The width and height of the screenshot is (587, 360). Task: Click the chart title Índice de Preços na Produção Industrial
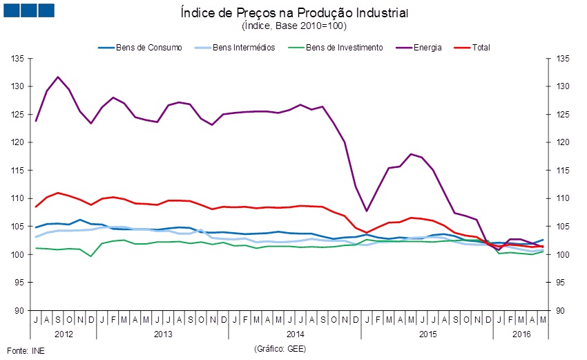click(294, 13)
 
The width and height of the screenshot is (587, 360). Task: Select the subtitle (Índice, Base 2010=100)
click(294, 26)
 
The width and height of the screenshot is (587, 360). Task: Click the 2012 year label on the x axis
click(63, 334)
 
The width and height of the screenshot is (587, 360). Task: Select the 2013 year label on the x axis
click(162, 334)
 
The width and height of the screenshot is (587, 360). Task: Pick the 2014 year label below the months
click(294, 334)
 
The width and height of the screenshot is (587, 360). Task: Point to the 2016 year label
click(520, 334)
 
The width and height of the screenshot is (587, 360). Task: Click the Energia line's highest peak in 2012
click(58, 77)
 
